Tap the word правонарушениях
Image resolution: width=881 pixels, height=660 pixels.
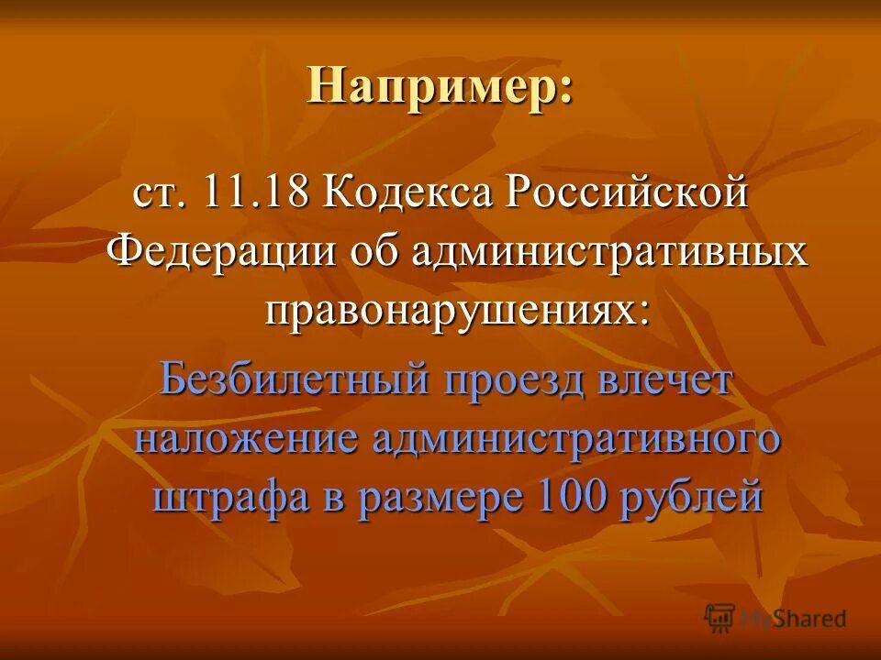point(456,309)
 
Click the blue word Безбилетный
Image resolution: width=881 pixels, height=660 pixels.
point(296,378)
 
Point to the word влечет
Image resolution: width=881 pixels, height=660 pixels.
point(668,378)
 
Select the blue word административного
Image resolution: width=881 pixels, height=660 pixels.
point(575,437)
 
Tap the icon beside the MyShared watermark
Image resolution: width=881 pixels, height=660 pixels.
point(720,617)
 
